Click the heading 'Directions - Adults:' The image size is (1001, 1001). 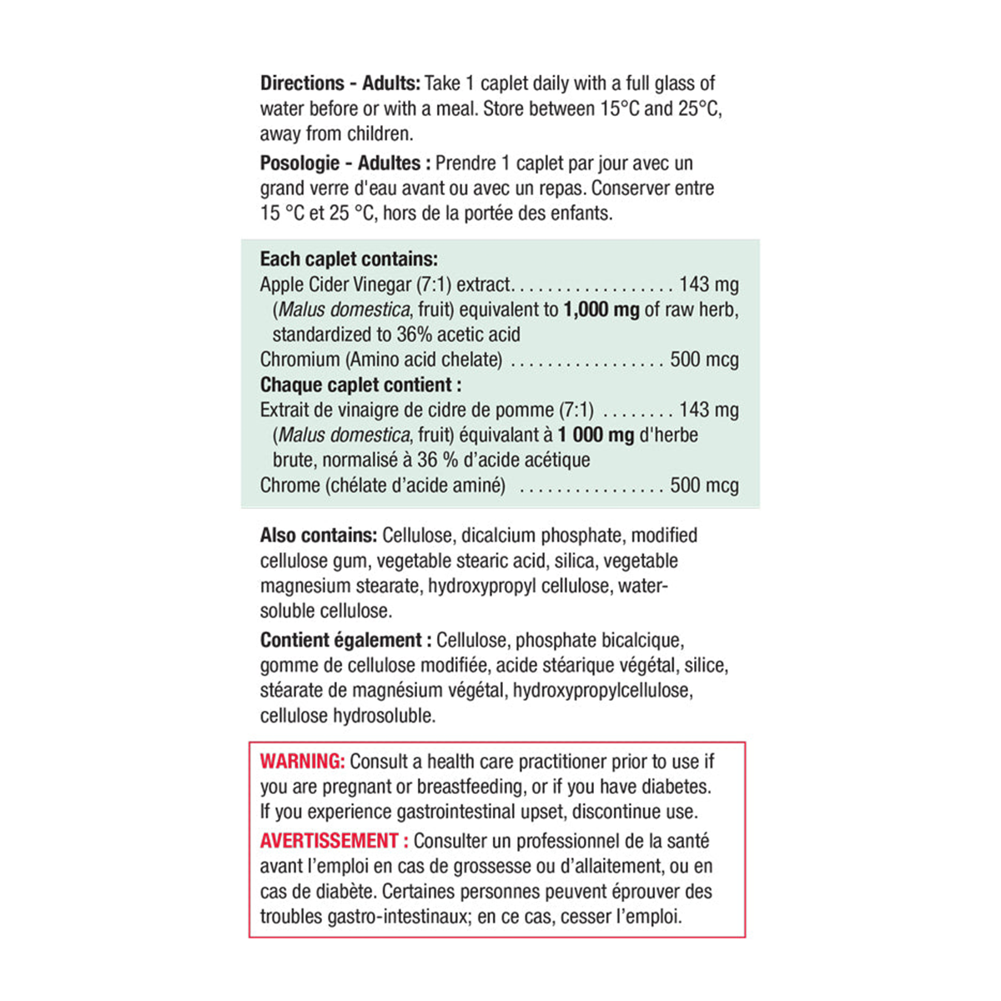340,83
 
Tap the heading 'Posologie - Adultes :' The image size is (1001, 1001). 345,163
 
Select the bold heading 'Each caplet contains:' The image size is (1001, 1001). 349,259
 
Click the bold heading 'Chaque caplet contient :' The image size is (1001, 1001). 360,385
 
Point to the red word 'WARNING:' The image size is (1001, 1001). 302,762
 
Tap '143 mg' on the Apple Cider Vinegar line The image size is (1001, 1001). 708,285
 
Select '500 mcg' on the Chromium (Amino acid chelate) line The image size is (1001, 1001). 704,360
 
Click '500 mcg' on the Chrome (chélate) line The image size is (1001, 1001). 704,485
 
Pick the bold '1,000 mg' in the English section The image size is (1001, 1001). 601,310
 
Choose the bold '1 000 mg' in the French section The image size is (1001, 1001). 596,435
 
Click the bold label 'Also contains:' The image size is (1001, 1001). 318,536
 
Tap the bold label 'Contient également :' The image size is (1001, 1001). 345,641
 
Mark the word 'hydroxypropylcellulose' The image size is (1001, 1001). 601,691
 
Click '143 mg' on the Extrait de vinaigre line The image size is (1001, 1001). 708,410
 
